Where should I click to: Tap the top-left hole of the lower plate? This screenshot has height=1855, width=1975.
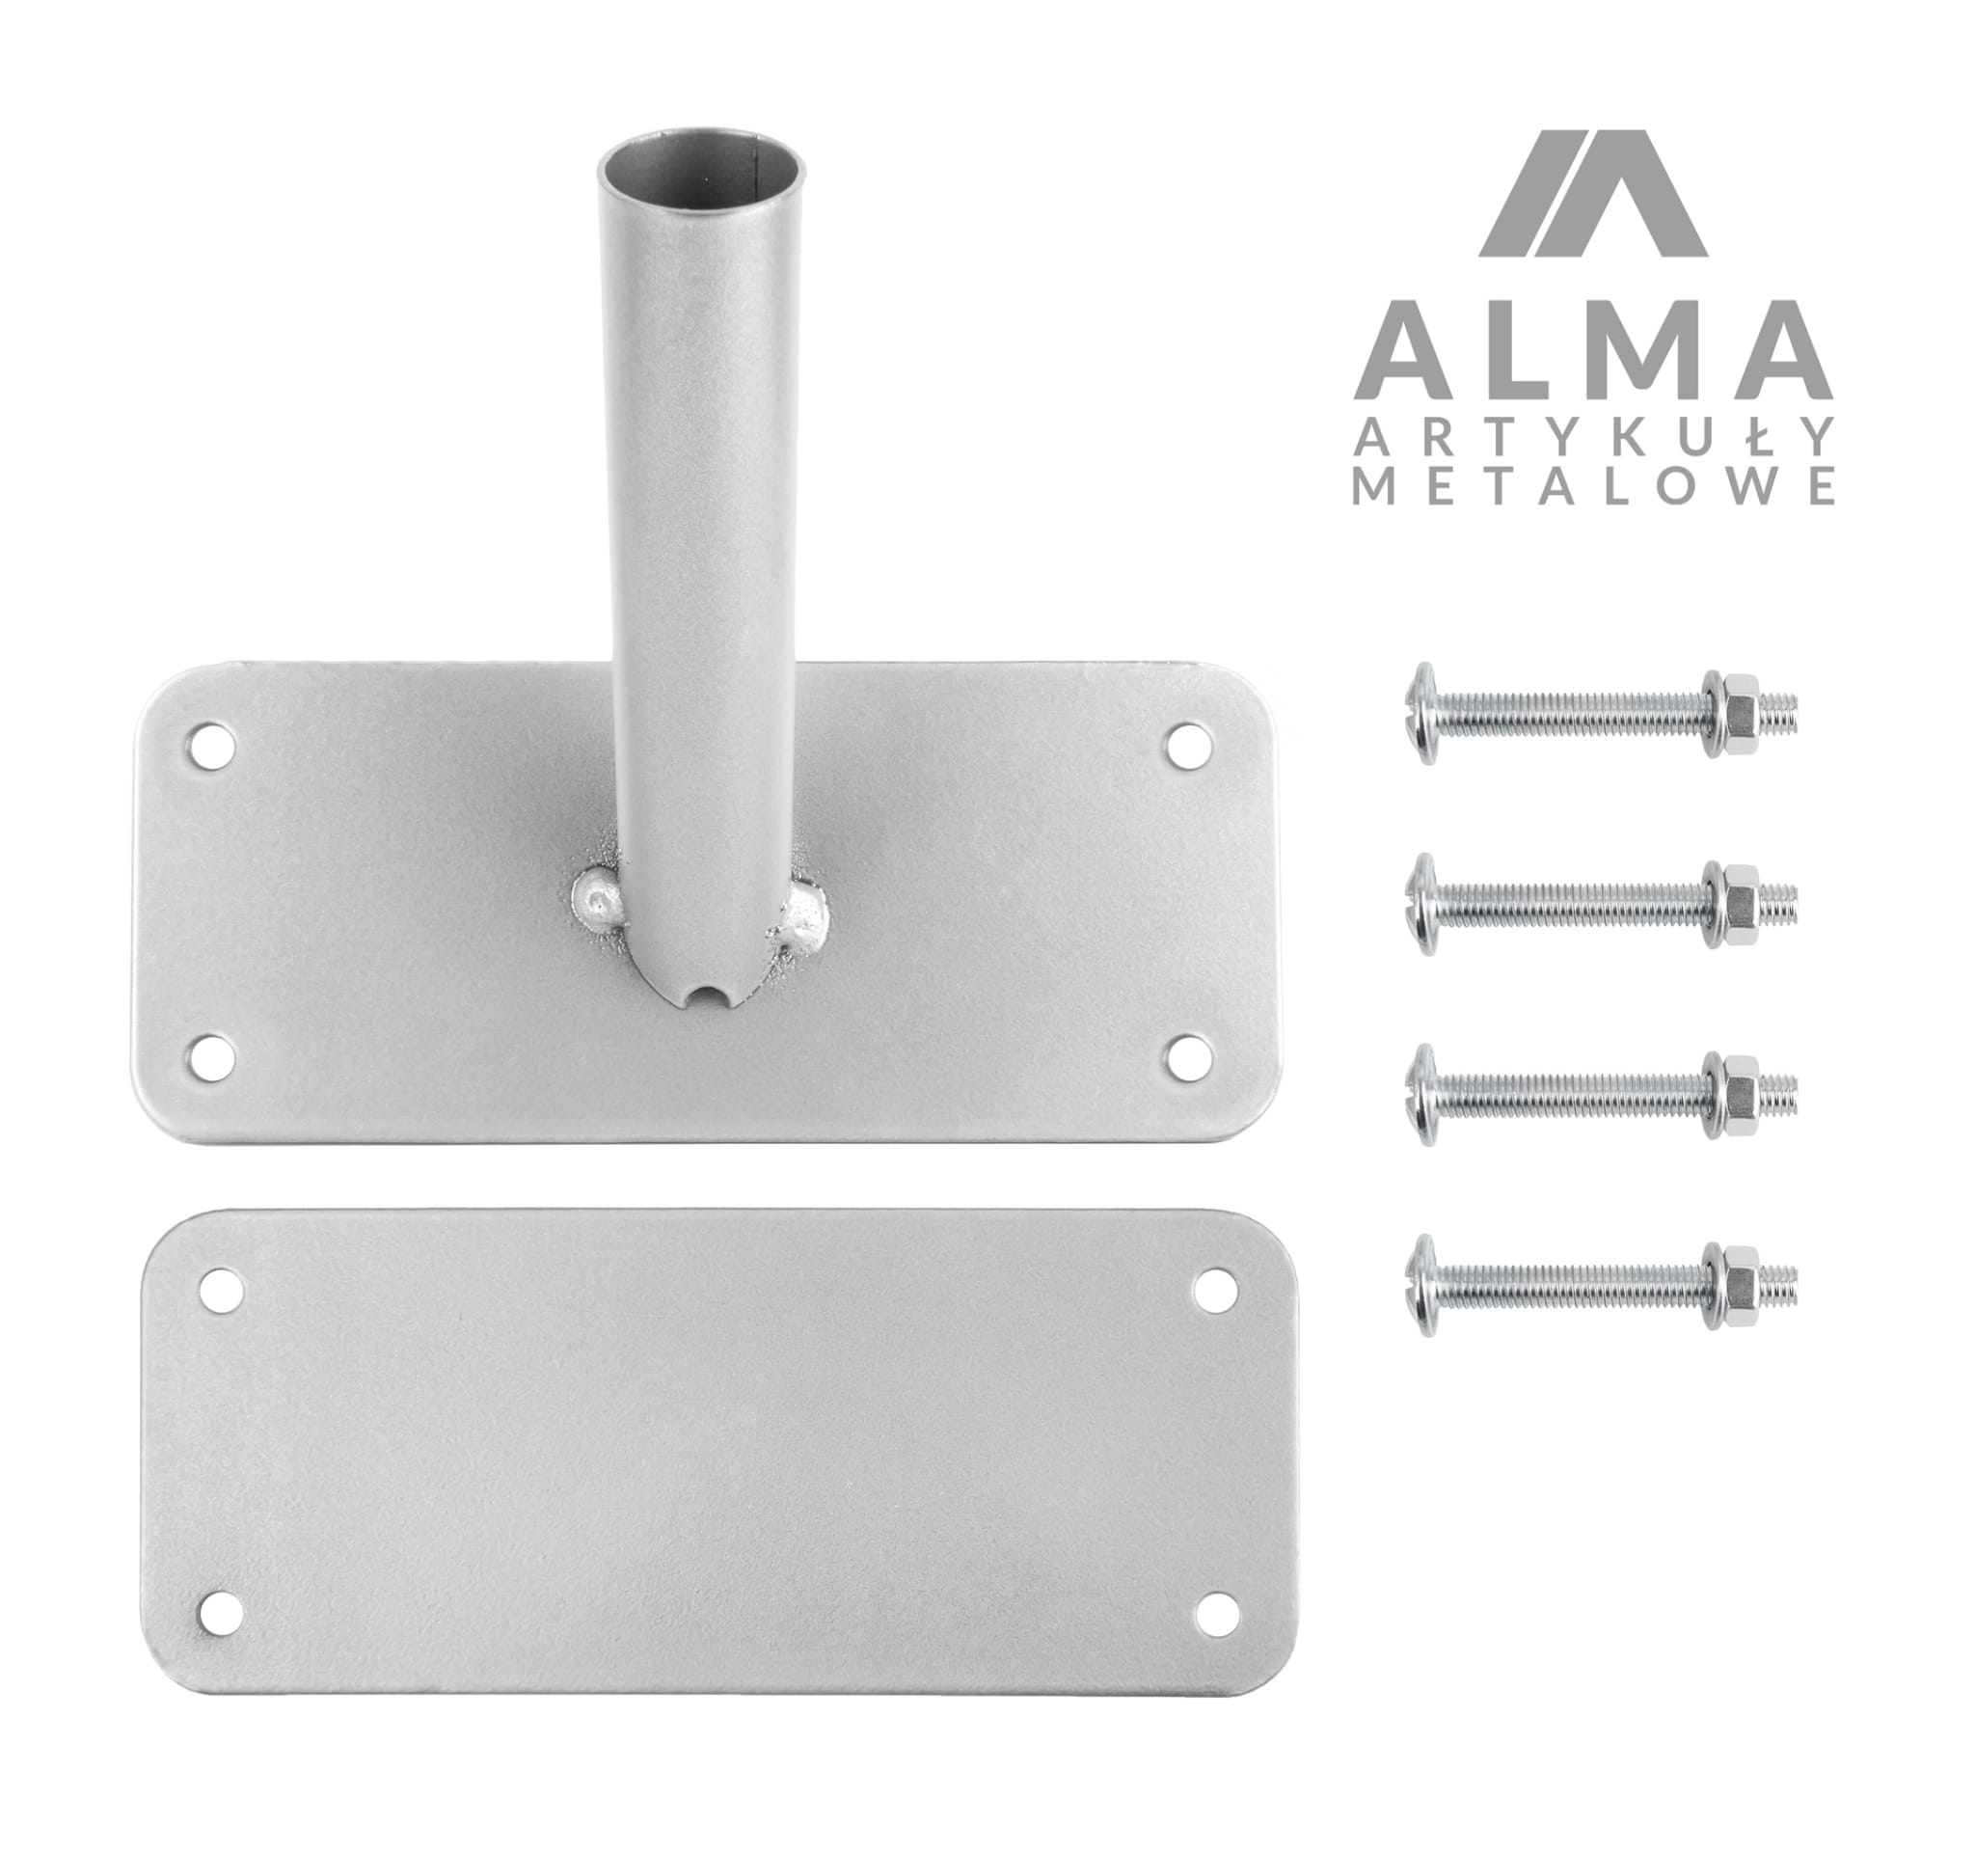[x=222, y=1290]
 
